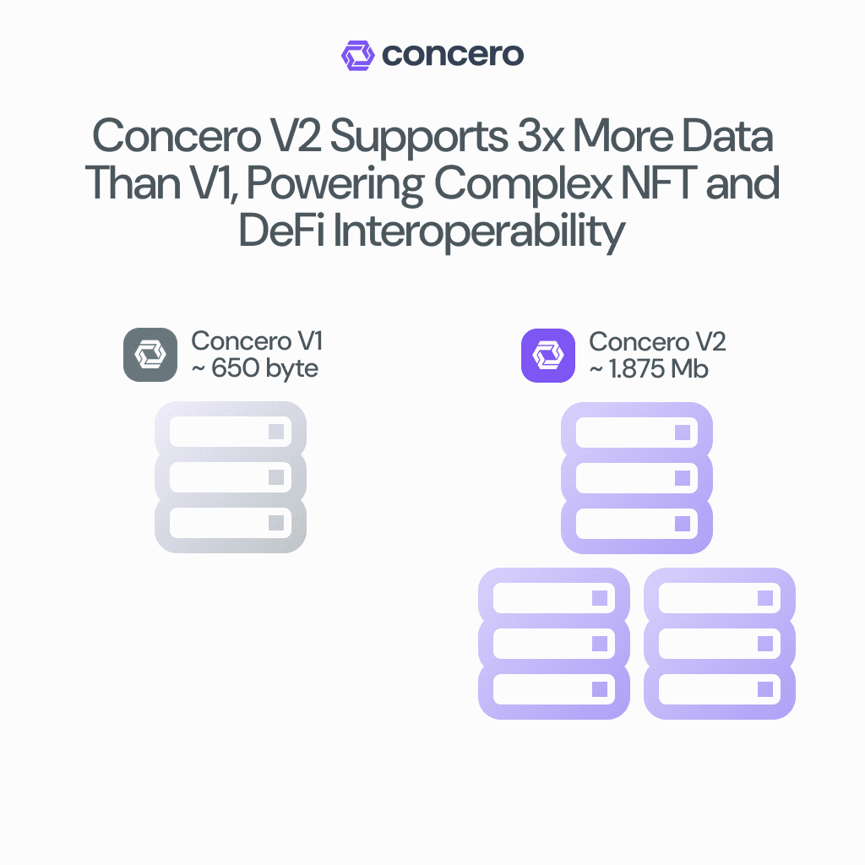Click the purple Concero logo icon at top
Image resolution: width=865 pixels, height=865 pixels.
357,55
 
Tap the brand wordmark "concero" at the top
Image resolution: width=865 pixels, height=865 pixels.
453,55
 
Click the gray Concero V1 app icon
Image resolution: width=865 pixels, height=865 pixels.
150,355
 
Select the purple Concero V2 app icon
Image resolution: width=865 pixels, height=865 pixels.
548,355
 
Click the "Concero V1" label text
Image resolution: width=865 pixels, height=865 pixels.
257,341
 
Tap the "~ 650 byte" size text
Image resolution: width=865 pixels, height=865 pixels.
255,368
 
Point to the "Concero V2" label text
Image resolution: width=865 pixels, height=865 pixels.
657,341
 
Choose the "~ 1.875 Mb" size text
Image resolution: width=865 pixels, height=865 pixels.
648,368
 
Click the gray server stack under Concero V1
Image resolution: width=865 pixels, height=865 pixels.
230,477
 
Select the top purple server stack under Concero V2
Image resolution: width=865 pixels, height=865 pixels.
637,477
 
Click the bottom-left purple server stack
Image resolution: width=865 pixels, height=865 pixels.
554,644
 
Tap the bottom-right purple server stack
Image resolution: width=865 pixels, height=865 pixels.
720,644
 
